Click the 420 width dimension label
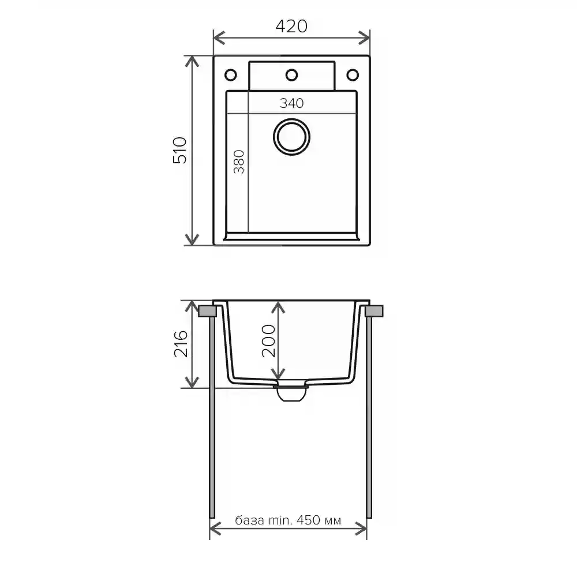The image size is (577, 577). point(291,26)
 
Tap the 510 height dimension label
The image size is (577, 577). point(180,150)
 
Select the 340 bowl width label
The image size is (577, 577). point(292,103)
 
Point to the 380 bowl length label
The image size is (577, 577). point(239,162)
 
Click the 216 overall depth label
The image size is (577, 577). point(181,344)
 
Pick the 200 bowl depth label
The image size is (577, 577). point(269,341)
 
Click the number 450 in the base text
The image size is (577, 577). point(309,520)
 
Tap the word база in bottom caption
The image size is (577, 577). point(249,520)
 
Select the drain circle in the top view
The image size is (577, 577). point(291,137)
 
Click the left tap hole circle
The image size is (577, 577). point(230,75)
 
